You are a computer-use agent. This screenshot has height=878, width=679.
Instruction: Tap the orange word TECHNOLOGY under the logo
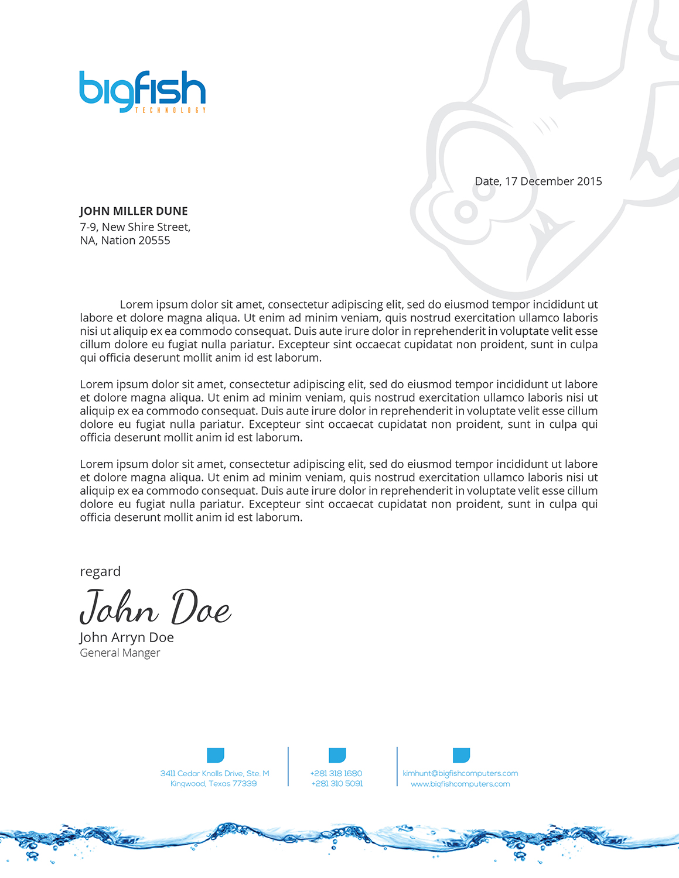tap(170, 110)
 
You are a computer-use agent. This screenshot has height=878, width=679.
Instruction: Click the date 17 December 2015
tap(553, 181)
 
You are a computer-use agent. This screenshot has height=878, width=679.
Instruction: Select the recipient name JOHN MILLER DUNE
tap(134, 211)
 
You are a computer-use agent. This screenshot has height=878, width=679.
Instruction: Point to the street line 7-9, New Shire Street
tap(135, 227)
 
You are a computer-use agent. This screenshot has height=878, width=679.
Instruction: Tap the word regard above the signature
tap(100, 571)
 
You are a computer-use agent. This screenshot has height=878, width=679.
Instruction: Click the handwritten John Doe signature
tap(155, 608)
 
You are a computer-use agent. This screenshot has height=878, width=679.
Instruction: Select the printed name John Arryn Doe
tap(127, 637)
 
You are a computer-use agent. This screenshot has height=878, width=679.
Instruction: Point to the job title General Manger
tap(120, 653)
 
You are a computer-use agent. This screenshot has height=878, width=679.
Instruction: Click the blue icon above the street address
tap(216, 755)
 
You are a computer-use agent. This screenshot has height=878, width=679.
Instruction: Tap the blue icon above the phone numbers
tap(337, 755)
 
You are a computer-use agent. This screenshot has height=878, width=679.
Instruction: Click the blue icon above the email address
tap(461, 755)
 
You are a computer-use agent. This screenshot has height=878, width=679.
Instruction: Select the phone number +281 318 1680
tap(336, 773)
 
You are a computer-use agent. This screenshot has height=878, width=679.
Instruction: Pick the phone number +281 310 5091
tap(337, 784)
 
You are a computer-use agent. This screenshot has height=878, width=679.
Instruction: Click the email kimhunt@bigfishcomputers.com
tap(460, 773)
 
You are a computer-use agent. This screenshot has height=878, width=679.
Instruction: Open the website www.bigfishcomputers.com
tap(460, 784)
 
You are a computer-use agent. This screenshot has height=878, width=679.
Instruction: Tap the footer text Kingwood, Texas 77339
tap(213, 784)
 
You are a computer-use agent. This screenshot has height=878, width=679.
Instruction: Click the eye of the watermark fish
tap(466, 212)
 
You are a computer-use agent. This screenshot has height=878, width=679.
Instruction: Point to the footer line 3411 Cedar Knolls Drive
tap(214, 773)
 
